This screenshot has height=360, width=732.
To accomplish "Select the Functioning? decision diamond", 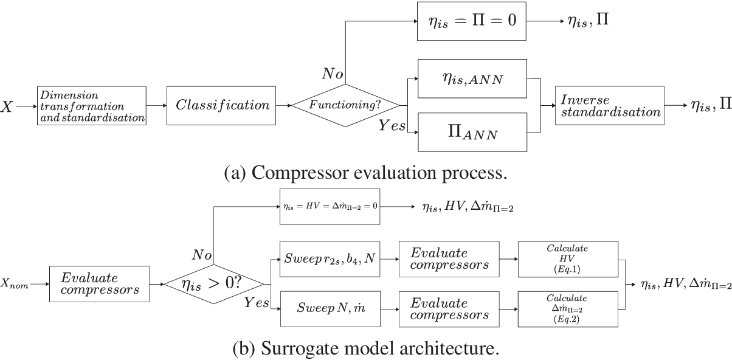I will click(x=345, y=105).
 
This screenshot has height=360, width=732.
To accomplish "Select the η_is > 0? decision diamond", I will click(x=213, y=284).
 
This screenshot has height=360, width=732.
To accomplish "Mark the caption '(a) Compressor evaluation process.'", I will click(x=365, y=173).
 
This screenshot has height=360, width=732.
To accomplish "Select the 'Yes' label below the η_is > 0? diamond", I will click(x=256, y=303).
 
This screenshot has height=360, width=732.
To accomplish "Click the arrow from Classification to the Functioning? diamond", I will click(x=283, y=105).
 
